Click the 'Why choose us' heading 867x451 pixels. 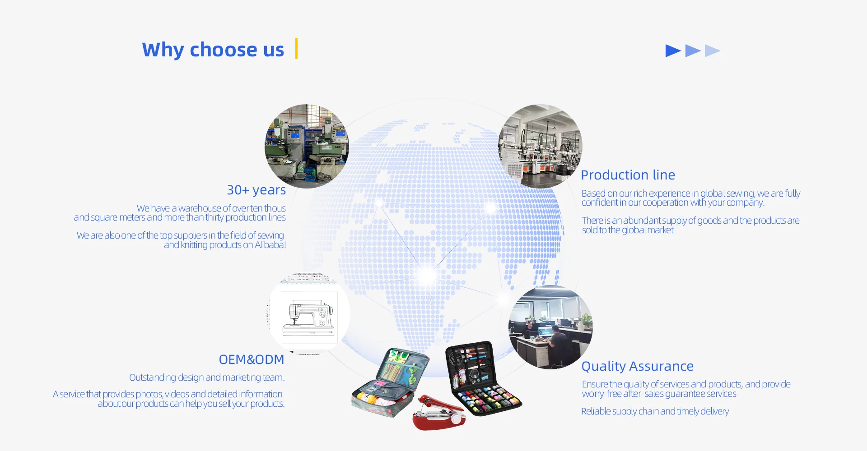pyautogui.click(x=213, y=50)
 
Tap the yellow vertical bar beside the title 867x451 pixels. pyautogui.click(x=296, y=49)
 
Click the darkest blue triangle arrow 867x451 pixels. pyautogui.click(x=673, y=51)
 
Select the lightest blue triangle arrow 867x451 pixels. pyautogui.click(x=712, y=51)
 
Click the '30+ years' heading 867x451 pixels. pyautogui.click(x=256, y=190)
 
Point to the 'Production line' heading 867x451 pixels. pyautogui.click(x=628, y=175)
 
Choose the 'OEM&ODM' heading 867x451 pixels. pyautogui.click(x=252, y=359)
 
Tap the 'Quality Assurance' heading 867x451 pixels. pyautogui.click(x=638, y=366)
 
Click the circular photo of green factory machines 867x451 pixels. pyautogui.click(x=307, y=146)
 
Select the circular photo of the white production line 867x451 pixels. pyautogui.click(x=541, y=146)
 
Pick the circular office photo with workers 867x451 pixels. pyautogui.click(x=550, y=327)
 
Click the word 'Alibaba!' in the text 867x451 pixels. pyautogui.click(x=270, y=245)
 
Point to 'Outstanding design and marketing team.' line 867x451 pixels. pyautogui.click(x=207, y=377)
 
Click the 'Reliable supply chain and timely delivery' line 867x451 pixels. pyautogui.click(x=655, y=411)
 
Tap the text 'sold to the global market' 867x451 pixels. pyautogui.click(x=628, y=230)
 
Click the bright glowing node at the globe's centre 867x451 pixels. pyautogui.click(x=427, y=276)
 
